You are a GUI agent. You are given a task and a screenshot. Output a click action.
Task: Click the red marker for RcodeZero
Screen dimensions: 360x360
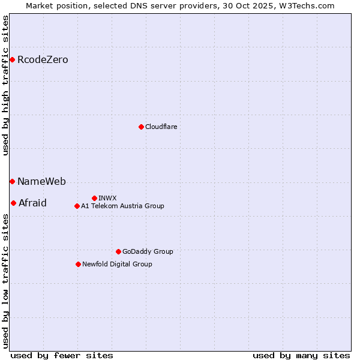12,59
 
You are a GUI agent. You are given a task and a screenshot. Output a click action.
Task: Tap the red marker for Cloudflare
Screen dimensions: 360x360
141,127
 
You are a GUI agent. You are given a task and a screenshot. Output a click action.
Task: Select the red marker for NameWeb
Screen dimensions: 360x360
12,181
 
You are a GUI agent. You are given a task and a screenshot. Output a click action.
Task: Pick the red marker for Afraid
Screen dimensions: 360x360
13,203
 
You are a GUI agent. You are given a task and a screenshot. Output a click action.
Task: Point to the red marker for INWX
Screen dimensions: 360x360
94,198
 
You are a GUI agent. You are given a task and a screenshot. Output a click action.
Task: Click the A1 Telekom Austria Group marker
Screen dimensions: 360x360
77,206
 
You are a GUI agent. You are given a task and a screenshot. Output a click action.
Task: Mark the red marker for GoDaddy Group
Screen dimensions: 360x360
118,251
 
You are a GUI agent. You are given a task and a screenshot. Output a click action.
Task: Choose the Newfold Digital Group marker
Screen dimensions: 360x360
78,264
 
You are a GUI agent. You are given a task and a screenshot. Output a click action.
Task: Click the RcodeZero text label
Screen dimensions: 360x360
43,59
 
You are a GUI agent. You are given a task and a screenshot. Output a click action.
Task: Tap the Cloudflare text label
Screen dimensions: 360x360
161,127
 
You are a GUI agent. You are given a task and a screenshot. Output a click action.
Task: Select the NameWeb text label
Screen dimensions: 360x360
41,181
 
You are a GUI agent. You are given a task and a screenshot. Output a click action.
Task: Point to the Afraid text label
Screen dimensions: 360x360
32,203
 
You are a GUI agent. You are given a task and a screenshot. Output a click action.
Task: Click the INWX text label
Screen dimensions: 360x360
107,198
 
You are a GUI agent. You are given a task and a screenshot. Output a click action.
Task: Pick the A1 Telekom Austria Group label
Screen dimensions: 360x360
122,206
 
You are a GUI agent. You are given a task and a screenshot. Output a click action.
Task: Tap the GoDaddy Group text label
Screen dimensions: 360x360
148,251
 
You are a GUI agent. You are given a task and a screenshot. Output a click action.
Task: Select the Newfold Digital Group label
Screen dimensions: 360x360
117,264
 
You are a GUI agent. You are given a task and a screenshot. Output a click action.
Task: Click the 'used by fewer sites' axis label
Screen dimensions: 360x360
62,355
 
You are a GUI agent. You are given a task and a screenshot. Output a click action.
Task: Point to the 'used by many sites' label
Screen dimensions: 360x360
301,355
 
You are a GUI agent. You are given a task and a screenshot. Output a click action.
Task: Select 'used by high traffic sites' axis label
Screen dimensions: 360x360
5,85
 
